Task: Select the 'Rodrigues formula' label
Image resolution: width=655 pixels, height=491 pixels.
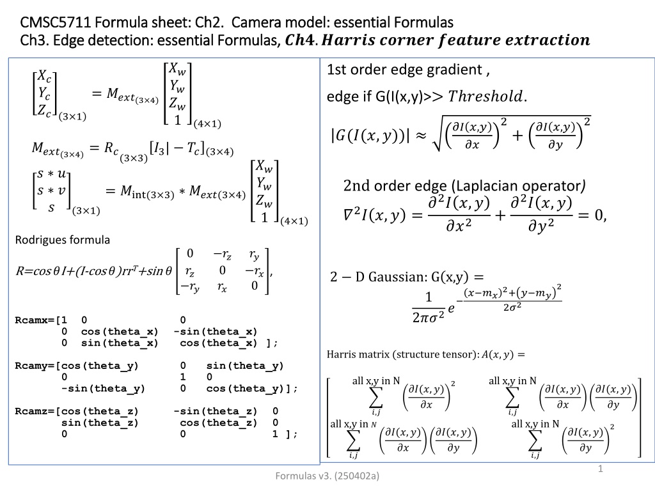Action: coord(63,240)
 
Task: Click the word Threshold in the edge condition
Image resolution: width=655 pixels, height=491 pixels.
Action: coord(485,97)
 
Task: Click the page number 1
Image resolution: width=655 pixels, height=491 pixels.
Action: coord(601,469)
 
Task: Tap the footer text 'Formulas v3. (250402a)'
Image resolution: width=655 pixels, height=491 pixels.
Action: coord(327,476)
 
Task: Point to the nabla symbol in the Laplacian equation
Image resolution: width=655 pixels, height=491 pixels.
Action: coord(349,215)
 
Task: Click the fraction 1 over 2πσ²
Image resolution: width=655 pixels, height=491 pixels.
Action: coord(428,308)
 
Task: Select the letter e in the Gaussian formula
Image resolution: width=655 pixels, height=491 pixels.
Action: coord(451,308)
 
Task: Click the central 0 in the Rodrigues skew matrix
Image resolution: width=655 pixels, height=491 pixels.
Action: coord(222,270)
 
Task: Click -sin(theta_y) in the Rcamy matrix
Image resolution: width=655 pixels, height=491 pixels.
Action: coord(103,389)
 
